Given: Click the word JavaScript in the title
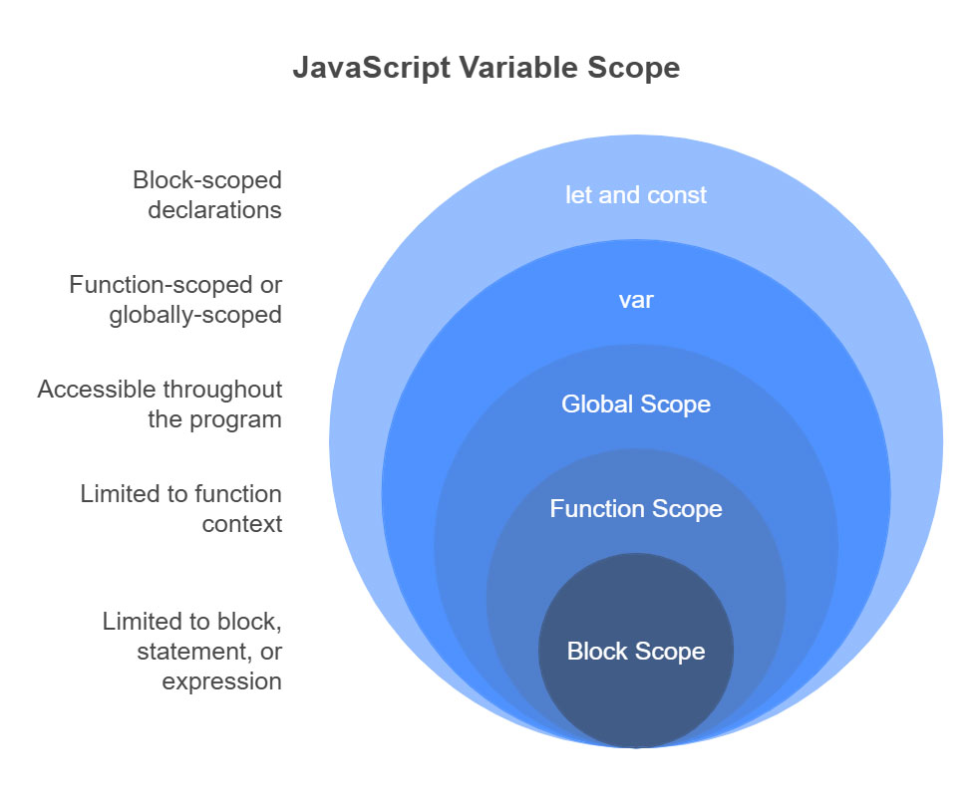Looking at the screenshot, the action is [x=372, y=68].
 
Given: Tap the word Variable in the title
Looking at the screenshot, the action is [x=518, y=67].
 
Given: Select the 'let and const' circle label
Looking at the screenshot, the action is [x=635, y=195].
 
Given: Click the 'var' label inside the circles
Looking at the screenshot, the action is [x=636, y=301].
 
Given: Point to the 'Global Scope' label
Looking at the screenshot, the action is [x=636, y=404].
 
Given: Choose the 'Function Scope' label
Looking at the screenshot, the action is [x=636, y=509].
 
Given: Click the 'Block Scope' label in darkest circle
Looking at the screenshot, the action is [x=636, y=652].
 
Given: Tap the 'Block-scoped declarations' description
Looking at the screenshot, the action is [x=206, y=195].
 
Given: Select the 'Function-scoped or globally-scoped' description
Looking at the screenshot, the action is [x=175, y=300].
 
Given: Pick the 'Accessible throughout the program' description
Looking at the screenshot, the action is [x=160, y=404].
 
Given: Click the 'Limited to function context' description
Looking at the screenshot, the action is [x=180, y=509].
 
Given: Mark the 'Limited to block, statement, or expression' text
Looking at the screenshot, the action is [x=192, y=652].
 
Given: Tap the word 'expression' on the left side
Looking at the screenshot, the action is [x=221, y=682].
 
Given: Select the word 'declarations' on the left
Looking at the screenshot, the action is [x=214, y=210].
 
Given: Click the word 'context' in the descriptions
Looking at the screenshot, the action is [x=242, y=525].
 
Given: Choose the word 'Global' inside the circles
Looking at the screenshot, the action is [x=597, y=404].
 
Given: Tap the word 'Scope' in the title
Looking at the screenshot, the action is [x=634, y=68].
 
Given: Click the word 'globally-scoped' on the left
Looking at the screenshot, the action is [x=195, y=316].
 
